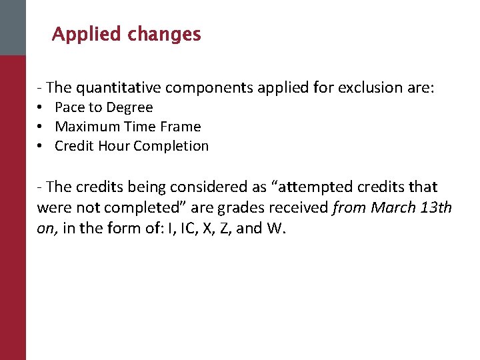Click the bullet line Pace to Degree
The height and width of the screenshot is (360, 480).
click(x=103, y=107)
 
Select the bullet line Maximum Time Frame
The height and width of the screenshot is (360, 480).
click(x=127, y=127)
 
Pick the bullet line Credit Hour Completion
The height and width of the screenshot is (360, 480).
click(x=131, y=146)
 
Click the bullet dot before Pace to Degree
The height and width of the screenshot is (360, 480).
click(x=41, y=108)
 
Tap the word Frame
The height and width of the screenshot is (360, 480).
click(x=181, y=127)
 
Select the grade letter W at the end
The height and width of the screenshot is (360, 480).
click(x=275, y=228)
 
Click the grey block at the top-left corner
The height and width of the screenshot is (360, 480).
click(x=13, y=27)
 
